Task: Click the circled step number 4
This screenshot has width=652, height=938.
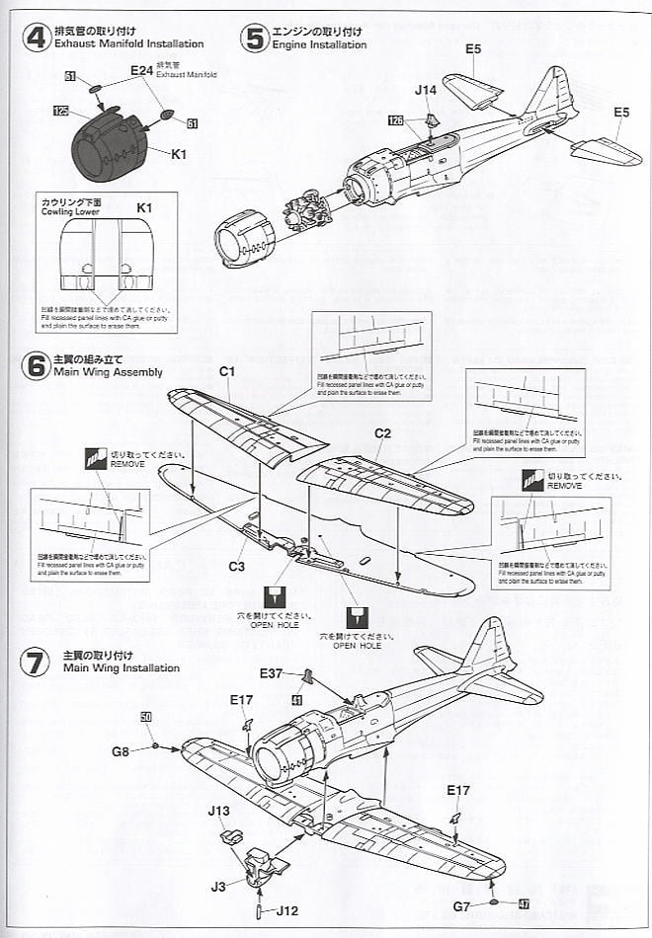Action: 36,39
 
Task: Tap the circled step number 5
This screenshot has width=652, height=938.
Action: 255,39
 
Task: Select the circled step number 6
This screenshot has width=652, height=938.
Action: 36,366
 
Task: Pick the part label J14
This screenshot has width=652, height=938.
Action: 426,90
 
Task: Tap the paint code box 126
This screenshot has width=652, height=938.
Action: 395,121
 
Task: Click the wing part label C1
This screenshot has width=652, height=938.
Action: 226,371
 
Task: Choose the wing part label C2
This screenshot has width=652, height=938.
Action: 383,432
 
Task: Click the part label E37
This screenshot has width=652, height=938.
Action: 273,673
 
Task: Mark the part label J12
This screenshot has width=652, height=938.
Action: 285,909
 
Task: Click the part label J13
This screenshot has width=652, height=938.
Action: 219,812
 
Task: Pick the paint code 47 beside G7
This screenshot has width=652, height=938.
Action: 524,903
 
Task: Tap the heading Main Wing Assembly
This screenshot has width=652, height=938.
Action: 111,373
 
